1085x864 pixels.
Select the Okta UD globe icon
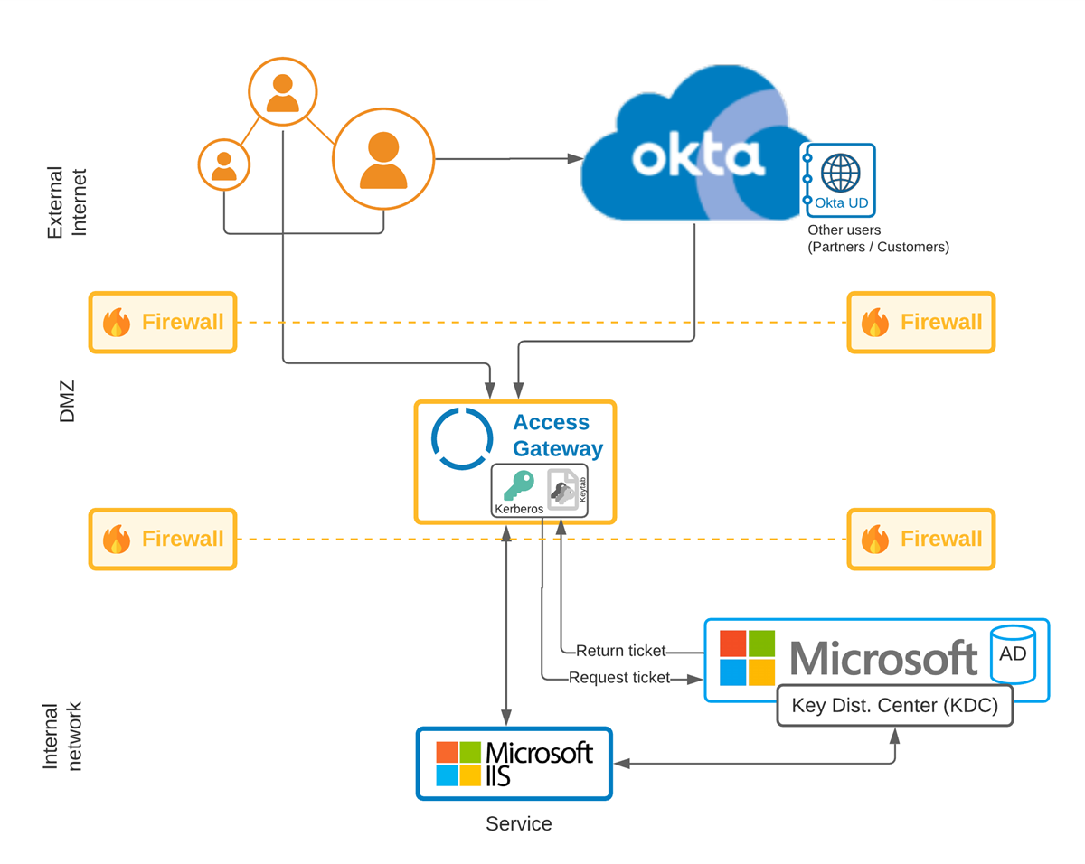[x=840, y=171]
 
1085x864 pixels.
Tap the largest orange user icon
[x=383, y=159]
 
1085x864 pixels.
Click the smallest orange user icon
[x=223, y=164]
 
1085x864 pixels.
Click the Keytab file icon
[x=563, y=491]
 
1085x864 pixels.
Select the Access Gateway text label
[x=558, y=435]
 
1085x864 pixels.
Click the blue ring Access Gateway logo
[x=462, y=438]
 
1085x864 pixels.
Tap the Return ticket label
[x=620, y=651]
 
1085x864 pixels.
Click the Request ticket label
[x=619, y=678]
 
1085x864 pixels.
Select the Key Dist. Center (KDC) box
[x=894, y=705]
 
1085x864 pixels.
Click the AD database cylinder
[x=1013, y=653]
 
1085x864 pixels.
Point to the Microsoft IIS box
[x=514, y=764]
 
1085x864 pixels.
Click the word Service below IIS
[x=518, y=824]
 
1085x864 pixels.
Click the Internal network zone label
[x=62, y=736]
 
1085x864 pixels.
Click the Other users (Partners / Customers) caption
[x=878, y=239]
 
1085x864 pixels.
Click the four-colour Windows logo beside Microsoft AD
[x=747, y=658]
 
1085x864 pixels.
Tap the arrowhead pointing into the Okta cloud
[x=575, y=159]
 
